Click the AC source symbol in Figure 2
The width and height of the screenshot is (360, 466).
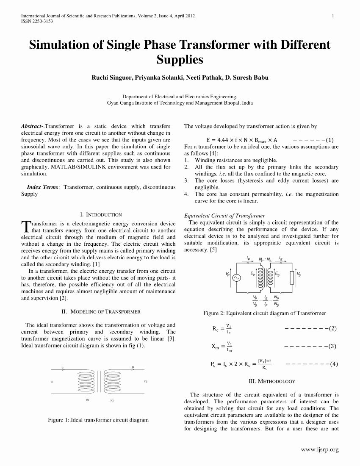point(235,278)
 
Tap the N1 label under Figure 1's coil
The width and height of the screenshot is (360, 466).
point(87,399)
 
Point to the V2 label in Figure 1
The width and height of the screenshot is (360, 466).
point(145,381)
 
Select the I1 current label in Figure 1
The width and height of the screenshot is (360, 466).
point(62,367)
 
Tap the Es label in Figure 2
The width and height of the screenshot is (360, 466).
point(277,275)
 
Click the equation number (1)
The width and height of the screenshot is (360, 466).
point(330,140)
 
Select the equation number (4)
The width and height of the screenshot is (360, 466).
point(334,363)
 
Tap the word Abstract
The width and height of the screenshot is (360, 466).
point(31,126)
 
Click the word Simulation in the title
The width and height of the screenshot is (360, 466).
point(59,45)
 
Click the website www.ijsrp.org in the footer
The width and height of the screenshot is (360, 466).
point(320,449)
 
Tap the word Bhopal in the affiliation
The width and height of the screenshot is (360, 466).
point(229,103)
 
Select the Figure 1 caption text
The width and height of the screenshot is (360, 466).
point(98,420)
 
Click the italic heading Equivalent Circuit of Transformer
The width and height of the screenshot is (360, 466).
point(225,216)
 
